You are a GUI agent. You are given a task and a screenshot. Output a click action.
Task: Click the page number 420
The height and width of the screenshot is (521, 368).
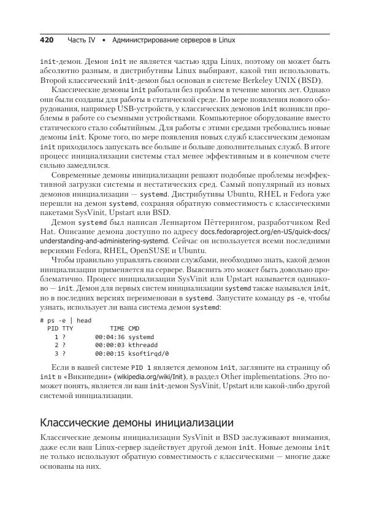[x=48, y=40]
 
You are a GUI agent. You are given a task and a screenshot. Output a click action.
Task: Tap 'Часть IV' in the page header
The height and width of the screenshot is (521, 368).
[x=82, y=40]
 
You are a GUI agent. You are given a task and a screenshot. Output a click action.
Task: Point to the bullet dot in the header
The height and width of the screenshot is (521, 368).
[x=105, y=40]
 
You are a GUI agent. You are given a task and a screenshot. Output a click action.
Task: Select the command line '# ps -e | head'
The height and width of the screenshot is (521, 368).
[x=66, y=320]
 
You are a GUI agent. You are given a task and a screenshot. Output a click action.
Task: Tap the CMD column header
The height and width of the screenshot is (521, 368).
[x=134, y=329]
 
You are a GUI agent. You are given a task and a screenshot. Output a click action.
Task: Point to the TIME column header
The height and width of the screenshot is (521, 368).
[x=117, y=329]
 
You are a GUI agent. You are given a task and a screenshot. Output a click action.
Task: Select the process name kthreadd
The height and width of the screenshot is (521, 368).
[x=143, y=345]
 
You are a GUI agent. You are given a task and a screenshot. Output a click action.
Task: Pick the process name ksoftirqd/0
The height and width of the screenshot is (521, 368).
[x=148, y=354]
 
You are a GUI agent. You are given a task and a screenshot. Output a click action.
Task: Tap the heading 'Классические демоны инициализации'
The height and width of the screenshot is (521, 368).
[x=136, y=422]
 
